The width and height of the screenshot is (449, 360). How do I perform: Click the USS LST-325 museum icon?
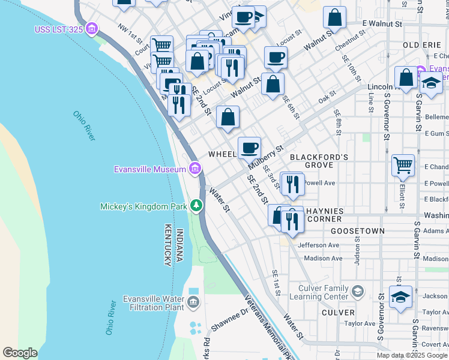[91, 28]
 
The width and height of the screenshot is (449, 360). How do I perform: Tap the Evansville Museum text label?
[150, 169]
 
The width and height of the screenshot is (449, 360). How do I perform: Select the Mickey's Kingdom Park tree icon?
[196, 206]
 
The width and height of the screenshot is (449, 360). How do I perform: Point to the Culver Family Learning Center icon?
[358, 292]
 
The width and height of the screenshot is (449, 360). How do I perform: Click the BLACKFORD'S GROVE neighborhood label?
[319, 161]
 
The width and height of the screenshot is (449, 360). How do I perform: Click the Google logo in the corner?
[20, 353]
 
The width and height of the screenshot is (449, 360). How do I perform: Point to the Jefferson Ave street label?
[319, 245]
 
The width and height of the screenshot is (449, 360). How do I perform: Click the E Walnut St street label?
[382, 24]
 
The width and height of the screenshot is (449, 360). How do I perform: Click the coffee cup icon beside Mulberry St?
[249, 147]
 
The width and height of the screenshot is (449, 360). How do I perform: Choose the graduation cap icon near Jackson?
[400, 296]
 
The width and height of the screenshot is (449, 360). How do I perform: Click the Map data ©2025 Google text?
[412, 355]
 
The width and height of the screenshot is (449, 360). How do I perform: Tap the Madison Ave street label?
[322, 259]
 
